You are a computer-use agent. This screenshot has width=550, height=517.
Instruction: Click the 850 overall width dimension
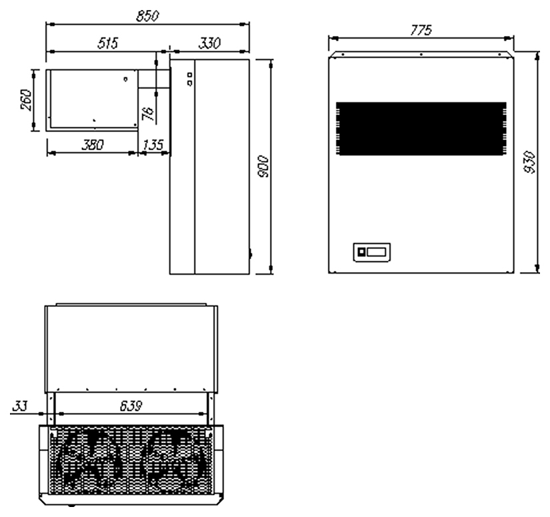pos(148,16)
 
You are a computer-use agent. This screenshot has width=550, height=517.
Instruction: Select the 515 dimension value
pos(108,43)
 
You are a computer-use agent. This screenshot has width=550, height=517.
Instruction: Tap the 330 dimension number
pos(210,43)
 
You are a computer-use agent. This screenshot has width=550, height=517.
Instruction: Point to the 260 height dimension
pos(25,100)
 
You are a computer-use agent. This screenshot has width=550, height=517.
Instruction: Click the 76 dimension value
pos(148,113)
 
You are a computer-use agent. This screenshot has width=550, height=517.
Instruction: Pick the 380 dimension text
pos(93,145)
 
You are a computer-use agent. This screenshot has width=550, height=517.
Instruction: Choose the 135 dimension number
pos(153,145)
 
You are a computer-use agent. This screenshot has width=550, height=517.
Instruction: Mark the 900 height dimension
pos(263,166)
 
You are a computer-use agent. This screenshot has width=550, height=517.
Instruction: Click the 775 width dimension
pos(421,30)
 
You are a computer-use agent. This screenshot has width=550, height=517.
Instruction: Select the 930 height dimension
pos(529,162)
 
